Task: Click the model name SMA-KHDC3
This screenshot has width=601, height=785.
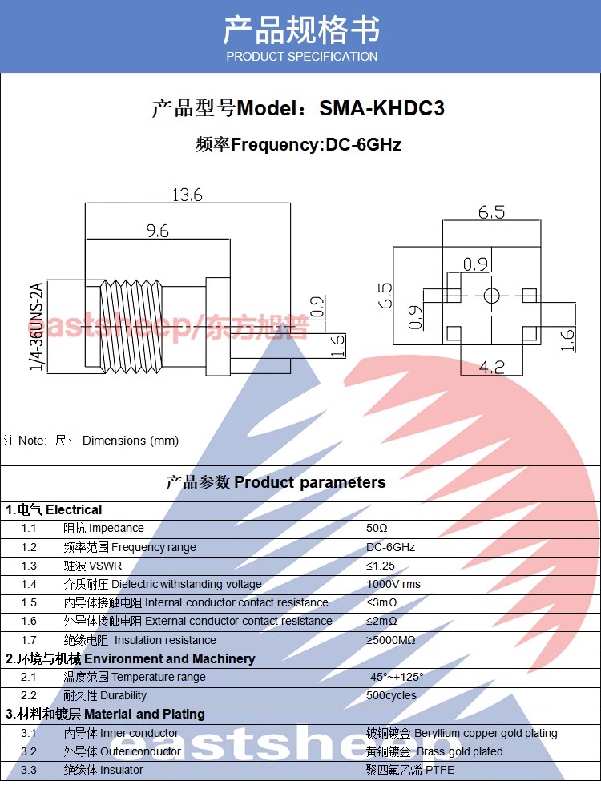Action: (381, 108)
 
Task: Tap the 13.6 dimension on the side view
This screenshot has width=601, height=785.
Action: (188, 195)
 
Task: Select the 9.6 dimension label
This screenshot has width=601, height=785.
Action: (157, 231)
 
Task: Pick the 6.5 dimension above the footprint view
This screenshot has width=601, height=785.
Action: (491, 212)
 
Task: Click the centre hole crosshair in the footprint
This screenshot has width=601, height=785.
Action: (490, 296)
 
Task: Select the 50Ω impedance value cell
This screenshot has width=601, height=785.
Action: (377, 529)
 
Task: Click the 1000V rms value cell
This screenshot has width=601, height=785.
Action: (393, 584)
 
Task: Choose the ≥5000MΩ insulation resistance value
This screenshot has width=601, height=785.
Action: (391, 640)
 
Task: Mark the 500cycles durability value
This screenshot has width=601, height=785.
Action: (391, 695)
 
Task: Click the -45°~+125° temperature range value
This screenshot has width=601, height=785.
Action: (394, 677)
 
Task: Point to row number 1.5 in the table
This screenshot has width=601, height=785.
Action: (29, 602)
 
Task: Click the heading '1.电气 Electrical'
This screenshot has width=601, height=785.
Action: (54, 509)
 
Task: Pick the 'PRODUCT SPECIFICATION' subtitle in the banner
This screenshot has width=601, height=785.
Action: (301, 57)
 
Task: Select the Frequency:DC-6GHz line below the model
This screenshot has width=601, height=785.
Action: (299, 145)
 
